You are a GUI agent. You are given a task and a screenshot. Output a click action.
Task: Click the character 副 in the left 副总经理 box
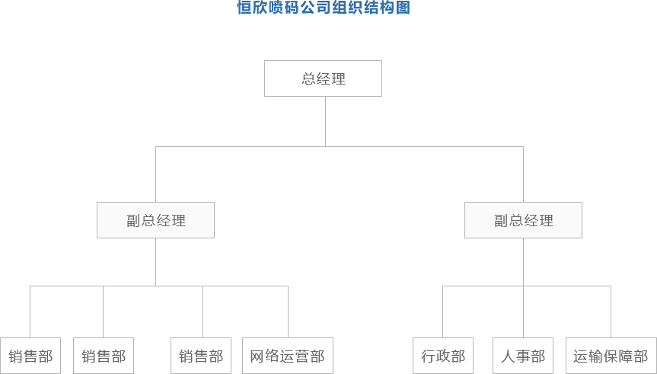click(x=134, y=221)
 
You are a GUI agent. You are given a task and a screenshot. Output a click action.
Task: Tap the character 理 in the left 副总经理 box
click(x=179, y=221)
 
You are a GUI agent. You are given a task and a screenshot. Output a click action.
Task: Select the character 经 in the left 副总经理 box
click(x=164, y=221)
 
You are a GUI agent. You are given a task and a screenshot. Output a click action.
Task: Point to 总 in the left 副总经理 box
click(x=148, y=221)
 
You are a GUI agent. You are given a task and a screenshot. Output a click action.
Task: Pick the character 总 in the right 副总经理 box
click(x=516, y=221)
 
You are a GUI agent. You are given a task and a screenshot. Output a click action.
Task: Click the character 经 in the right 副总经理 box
click(x=531, y=221)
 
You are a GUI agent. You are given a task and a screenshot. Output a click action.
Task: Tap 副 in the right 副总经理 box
click(x=502, y=221)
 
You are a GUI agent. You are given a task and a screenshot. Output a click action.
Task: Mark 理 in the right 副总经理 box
click(x=547, y=221)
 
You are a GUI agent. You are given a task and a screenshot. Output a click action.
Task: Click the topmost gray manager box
click(x=322, y=78)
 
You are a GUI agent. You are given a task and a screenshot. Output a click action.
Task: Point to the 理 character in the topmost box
click(x=339, y=78)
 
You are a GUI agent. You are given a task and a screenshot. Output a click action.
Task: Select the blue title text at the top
click(x=324, y=8)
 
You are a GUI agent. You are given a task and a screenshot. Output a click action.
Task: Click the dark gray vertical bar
click(x=30, y=72)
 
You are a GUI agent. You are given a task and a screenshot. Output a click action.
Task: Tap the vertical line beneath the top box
click(x=325, y=121)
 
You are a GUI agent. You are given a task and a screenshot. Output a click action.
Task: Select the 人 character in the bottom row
click(x=509, y=356)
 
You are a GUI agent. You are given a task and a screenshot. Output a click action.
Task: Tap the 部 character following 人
click(x=537, y=356)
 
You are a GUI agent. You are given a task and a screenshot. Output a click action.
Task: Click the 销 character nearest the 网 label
click(x=186, y=356)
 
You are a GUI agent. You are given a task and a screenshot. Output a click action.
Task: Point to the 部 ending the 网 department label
click(x=317, y=356)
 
